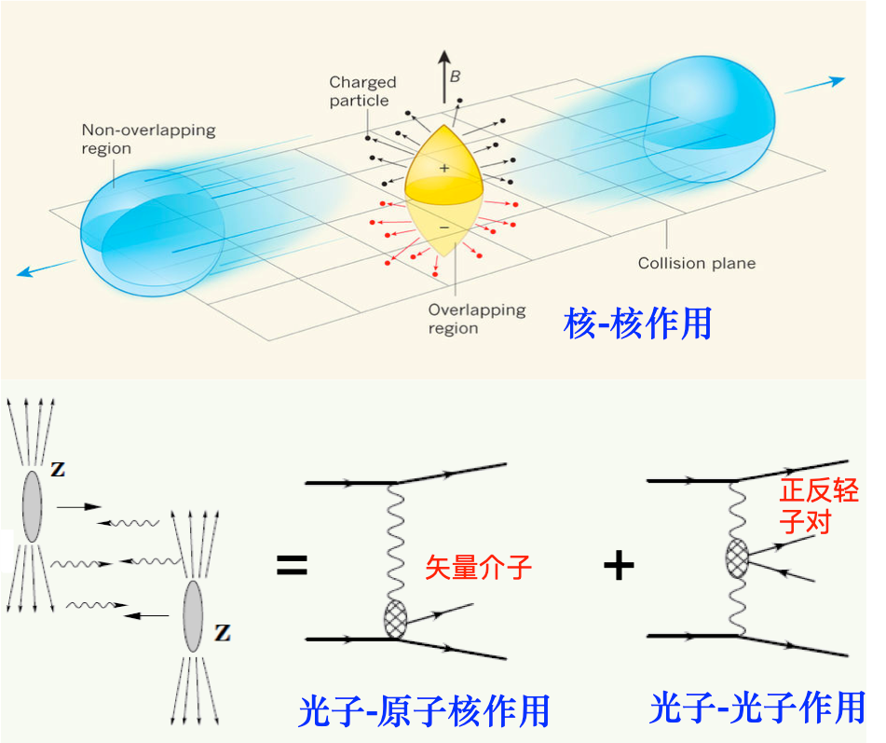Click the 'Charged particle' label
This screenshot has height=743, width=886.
(362, 91)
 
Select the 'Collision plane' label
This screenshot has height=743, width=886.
(696, 263)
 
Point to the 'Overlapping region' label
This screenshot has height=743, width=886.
(476, 319)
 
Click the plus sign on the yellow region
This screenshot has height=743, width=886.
(444, 168)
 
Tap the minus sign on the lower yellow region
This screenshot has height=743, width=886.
(443, 227)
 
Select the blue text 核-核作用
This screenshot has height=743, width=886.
(638, 323)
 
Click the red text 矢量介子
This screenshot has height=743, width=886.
(479, 567)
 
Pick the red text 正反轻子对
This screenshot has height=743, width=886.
(818, 505)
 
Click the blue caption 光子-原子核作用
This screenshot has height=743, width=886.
(424, 711)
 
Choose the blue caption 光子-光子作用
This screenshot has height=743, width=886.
(757, 708)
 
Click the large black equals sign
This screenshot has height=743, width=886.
(292, 565)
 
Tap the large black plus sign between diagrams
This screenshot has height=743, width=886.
(619, 565)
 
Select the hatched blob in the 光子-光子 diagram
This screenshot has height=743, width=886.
(738, 558)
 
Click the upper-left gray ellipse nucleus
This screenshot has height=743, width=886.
(33, 505)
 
